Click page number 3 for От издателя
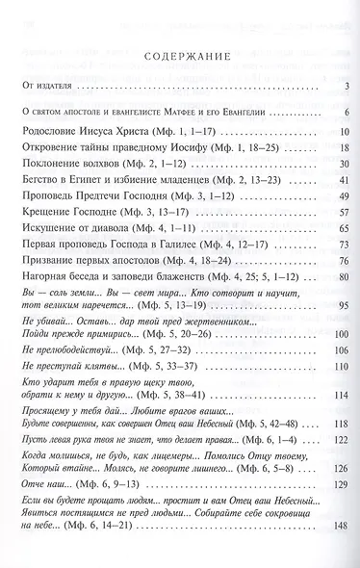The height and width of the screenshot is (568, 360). tap(344, 89)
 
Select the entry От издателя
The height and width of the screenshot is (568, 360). tap(46, 89)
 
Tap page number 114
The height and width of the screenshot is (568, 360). tap(340, 448)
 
